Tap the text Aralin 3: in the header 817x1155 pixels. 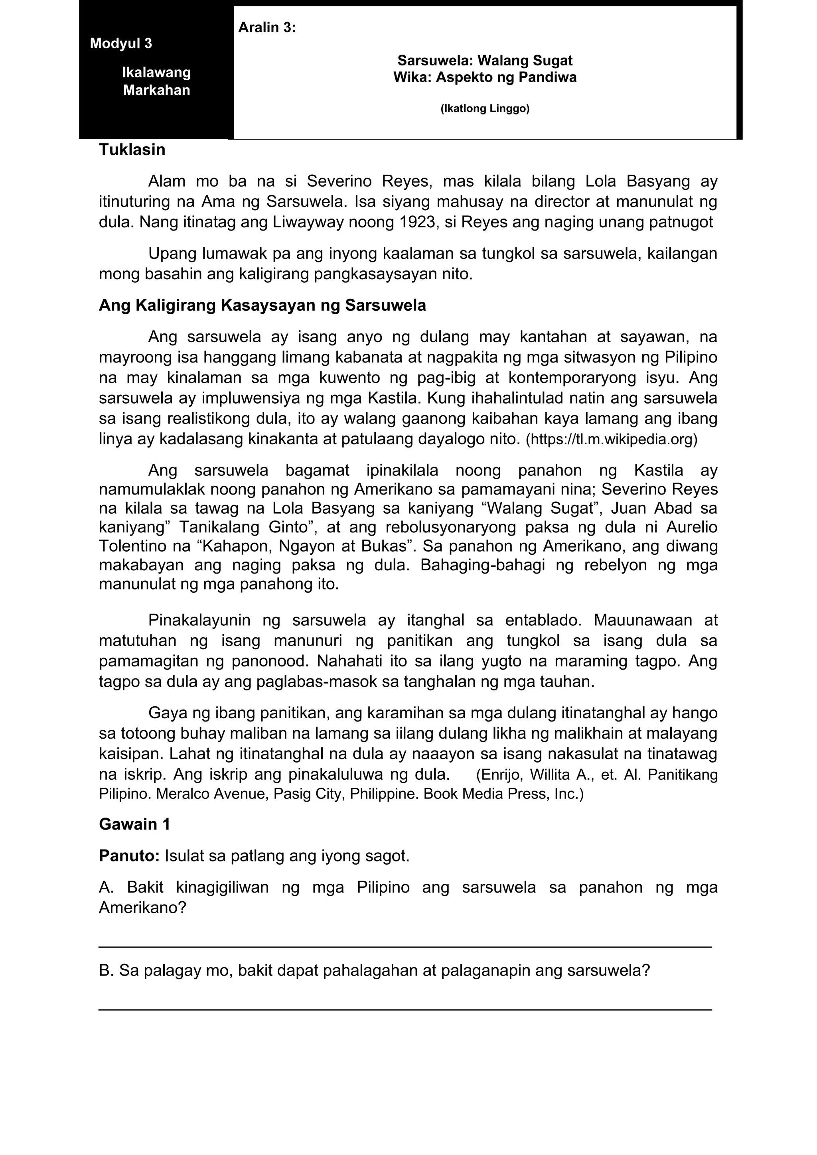coord(266,28)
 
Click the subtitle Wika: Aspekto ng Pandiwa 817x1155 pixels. coord(484,77)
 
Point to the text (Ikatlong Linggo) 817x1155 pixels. coord(484,108)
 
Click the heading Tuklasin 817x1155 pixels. coord(132,150)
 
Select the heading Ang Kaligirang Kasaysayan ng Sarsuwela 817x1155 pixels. coord(262,306)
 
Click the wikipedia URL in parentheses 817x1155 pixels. coord(611,440)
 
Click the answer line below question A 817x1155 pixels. coord(405,947)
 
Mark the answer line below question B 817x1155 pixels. coord(405,1009)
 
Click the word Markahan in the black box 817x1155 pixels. coord(156,91)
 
